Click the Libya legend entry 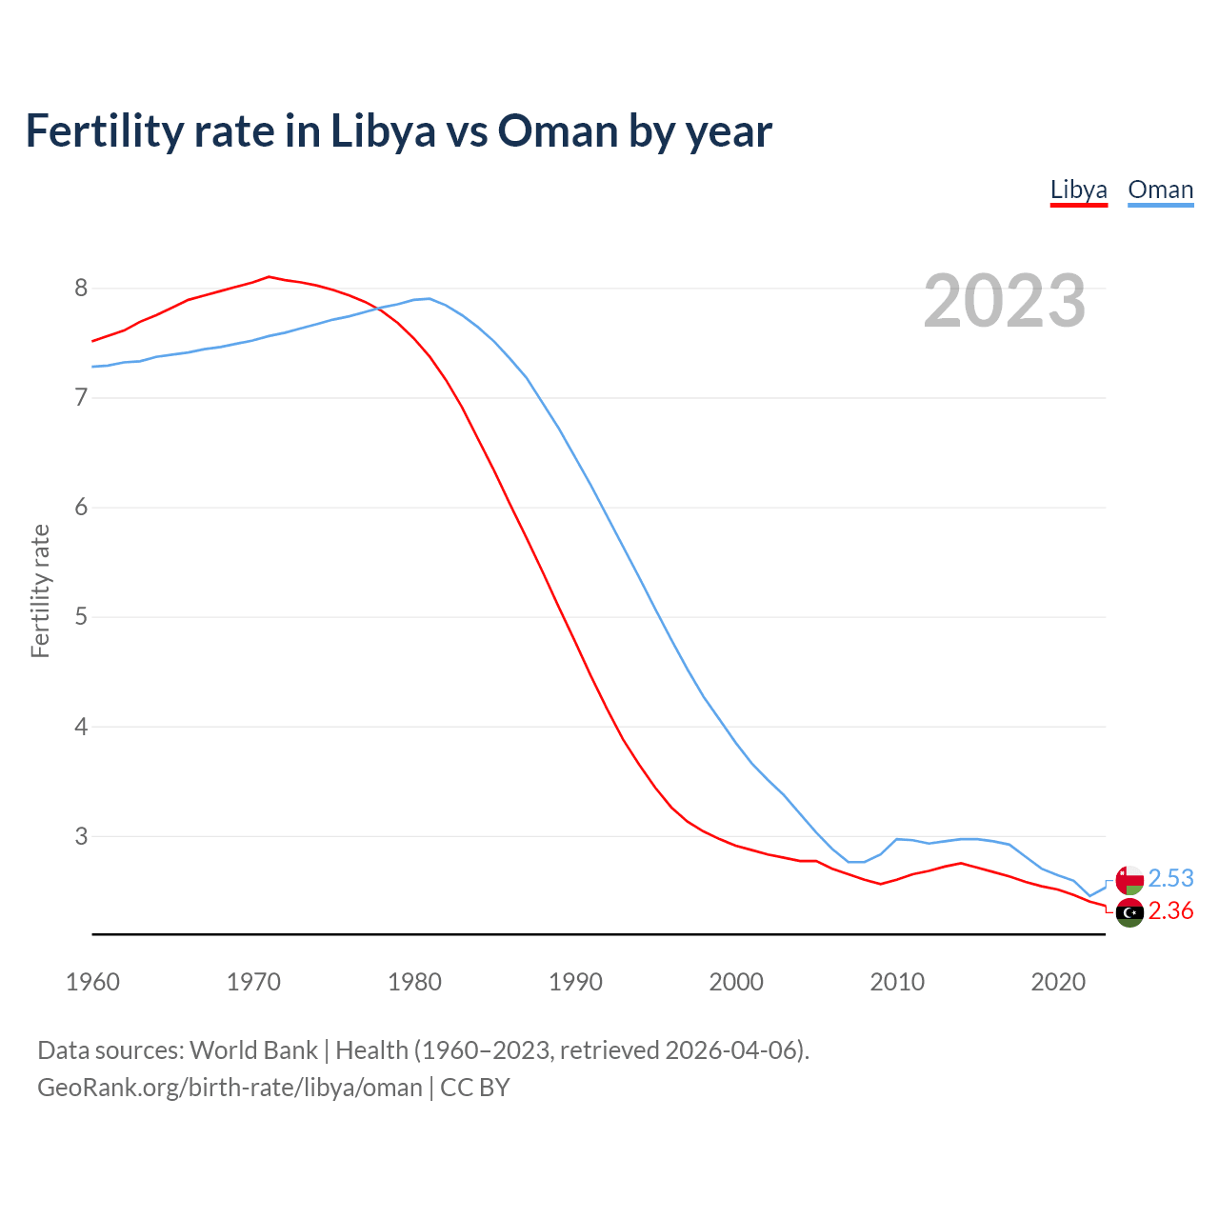pyautogui.click(x=1078, y=190)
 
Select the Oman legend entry pyautogui.click(x=1160, y=190)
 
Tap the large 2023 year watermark pyautogui.click(x=1004, y=301)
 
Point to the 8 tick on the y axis pyautogui.click(x=81, y=288)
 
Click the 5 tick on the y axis pyautogui.click(x=81, y=616)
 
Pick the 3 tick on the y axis pyautogui.click(x=81, y=836)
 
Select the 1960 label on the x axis pyautogui.click(x=92, y=982)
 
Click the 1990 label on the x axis pyautogui.click(x=575, y=982)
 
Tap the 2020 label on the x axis pyautogui.click(x=1058, y=982)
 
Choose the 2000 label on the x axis pyautogui.click(x=736, y=982)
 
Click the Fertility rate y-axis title pyautogui.click(x=40, y=590)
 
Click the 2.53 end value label pyautogui.click(x=1170, y=878)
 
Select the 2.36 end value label pyautogui.click(x=1170, y=911)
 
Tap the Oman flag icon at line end pyautogui.click(x=1129, y=879)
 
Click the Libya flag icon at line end pyautogui.click(x=1129, y=912)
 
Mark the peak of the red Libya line pyautogui.click(x=269, y=276)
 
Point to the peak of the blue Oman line pyautogui.click(x=429, y=298)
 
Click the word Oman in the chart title pyautogui.click(x=558, y=131)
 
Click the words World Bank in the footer pyautogui.click(x=253, y=1050)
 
